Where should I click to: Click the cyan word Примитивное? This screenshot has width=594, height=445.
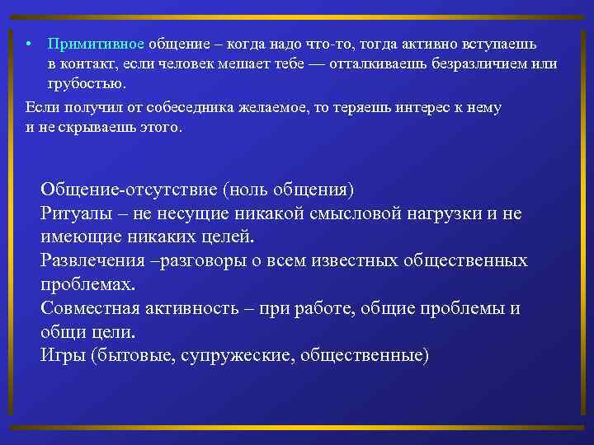click(x=95, y=42)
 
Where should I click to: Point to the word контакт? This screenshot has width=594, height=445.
click(x=92, y=63)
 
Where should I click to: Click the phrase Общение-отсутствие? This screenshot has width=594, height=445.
click(x=129, y=190)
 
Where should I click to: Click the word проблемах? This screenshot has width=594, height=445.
click(x=87, y=284)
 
